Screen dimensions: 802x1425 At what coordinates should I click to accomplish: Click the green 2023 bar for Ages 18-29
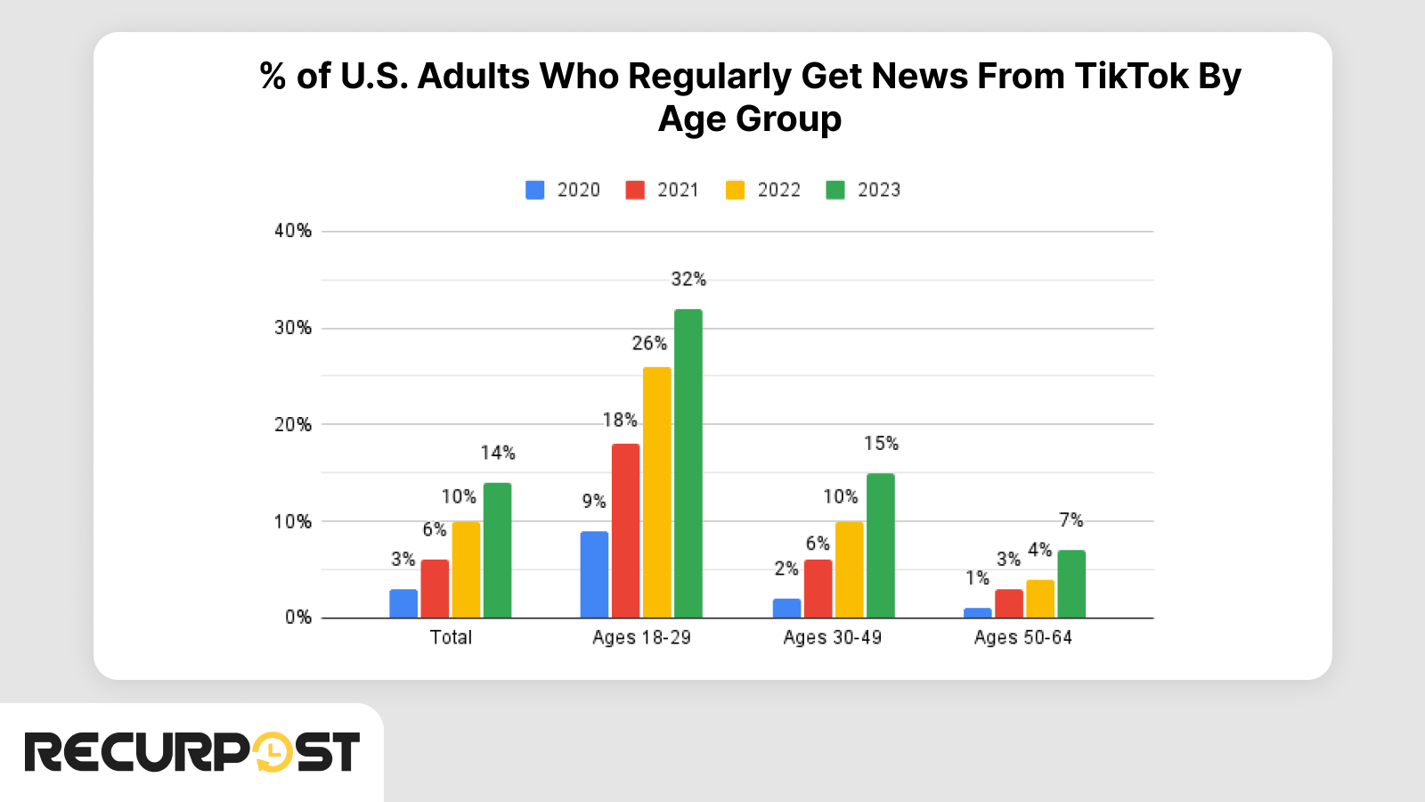688,463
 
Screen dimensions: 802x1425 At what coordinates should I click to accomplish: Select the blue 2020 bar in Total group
403,604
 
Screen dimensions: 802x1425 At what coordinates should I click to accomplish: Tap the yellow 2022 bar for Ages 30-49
849,570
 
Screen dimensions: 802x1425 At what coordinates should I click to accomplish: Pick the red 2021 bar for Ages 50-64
1009,604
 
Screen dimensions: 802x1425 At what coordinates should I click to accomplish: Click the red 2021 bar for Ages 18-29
625,531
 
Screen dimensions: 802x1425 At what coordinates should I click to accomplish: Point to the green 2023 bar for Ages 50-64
1071,585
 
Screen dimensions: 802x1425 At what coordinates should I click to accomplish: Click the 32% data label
688,280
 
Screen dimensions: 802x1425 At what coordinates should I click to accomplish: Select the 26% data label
649,344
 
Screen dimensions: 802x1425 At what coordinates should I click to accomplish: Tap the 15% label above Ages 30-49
881,444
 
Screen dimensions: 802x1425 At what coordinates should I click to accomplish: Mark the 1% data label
977,578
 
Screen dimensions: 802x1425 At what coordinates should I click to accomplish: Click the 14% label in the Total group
498,454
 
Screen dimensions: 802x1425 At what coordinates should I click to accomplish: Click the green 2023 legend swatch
835,190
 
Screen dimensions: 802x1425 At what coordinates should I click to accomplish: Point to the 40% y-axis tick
293,231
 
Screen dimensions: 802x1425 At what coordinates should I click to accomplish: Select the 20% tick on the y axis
293,425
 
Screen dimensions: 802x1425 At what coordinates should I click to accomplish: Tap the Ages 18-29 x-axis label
641,638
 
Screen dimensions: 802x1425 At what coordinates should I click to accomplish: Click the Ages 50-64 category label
1022,638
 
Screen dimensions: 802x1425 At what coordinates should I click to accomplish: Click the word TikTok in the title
1131,77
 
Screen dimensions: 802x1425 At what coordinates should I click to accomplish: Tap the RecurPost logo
191,753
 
